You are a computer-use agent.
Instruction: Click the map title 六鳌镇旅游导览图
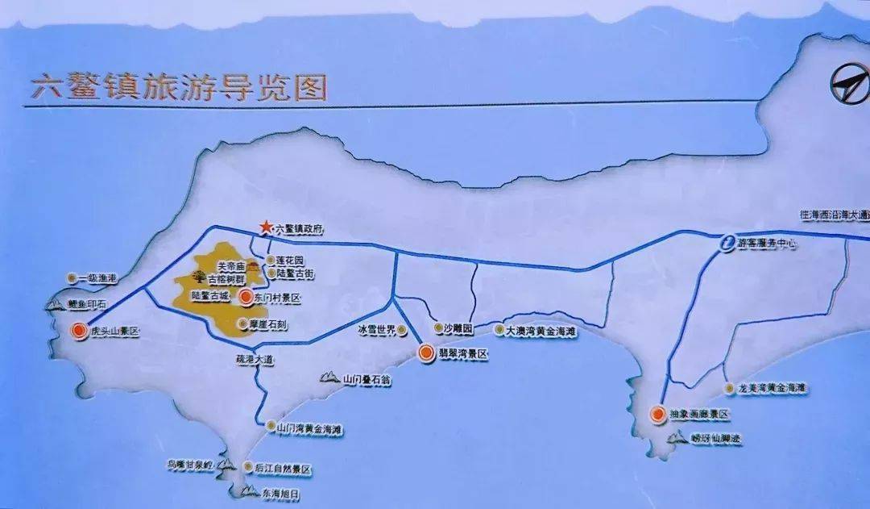click(x=178, y=87)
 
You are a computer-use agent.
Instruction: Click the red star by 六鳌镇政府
click(x=264, y=227)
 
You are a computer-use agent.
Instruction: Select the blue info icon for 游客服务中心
click(x=727, y=242)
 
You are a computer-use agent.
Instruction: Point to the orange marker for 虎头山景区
click(x=78, y=330)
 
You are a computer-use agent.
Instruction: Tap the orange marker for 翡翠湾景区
click(x=425, y=353)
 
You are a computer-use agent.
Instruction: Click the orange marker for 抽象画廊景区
click(x=657, y=414)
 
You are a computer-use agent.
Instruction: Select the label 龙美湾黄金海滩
click(x=772, y=388)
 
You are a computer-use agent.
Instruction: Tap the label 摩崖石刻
click(x=263, y=323)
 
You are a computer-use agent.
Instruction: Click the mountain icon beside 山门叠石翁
click(x=329, y=377)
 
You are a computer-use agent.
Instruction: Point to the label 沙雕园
click(x=458, y=330)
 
